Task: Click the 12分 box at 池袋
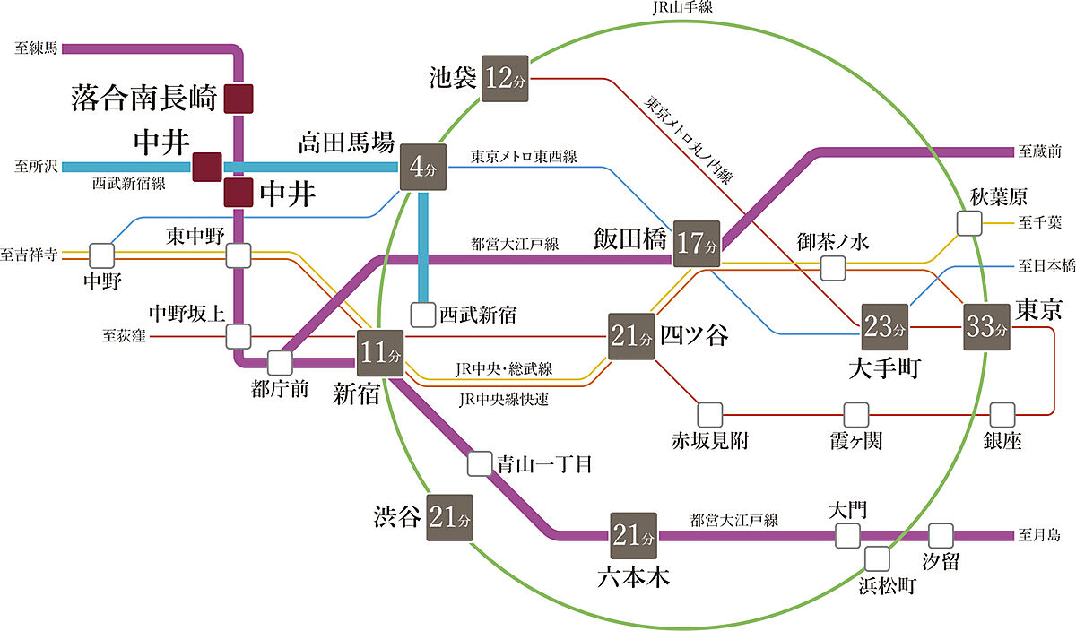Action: pyautogui.click(x=506, y=77)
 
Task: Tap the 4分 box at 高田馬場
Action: pyautogui.click(x=422, y=167)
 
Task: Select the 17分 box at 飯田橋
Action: pyautogui.click(x=697, y=242)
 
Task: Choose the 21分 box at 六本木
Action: pyautogui.click(x=633, y=536)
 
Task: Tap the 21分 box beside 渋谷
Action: pyautogui.click(x=449, y=517)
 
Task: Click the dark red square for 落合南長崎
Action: pyautogui.click(x=239, y=99)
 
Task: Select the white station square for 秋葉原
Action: pyautogui.click(x=969, y=223)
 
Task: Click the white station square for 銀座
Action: pyautogui.click(x=1002, y=415)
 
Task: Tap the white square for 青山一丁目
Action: pyautogui.click(x=480, y=463)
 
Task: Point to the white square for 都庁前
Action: pyautogui.click(x=280, y=363)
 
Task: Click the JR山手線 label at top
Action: pyautogui.click(x=687, y=8)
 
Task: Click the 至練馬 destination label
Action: pyautogui.click(x=36, y=48)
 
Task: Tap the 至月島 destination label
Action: pyautogui.click(x=1039, y=536)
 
